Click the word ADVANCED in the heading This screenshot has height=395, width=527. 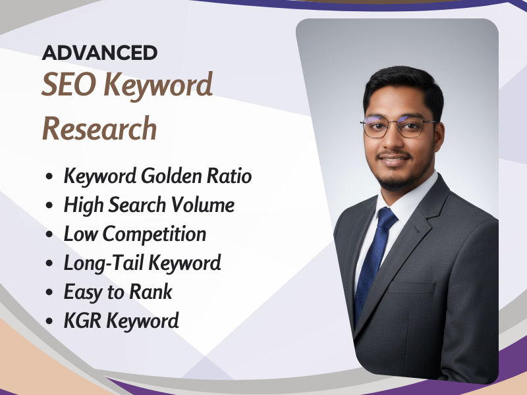tap(99, 53)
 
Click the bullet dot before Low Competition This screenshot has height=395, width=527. tap(50, 235)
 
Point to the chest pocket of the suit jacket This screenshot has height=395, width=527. tap(411, 288)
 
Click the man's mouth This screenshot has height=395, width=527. tap(395, 160)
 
